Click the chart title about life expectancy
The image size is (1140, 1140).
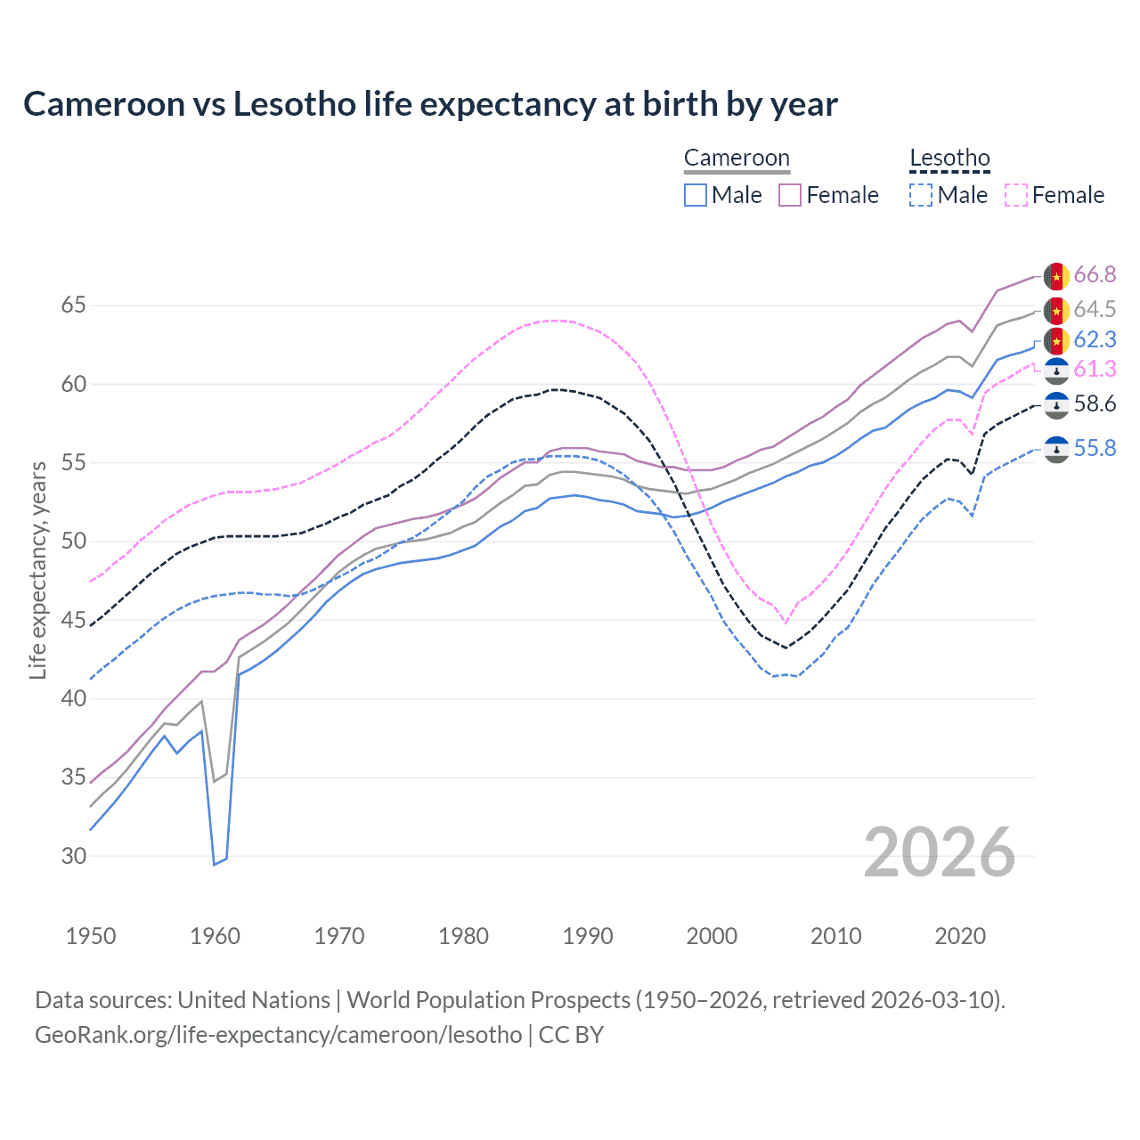[x=430, y=104]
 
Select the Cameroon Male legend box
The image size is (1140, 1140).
[x=696, y=195]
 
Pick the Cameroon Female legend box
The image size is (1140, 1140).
[x=790, y=195]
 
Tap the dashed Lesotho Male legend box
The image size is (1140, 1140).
[x=921, y=195]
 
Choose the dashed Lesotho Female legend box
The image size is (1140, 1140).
[x=1015, y=195]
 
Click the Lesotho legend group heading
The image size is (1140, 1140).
[x=949, y=159]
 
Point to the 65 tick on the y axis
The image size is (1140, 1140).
[x=73, y=305]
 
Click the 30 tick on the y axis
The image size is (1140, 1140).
[x=73, y=856]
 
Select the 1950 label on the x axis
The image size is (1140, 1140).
[x=91, y=936]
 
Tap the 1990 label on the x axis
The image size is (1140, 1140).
[x=588, y=936]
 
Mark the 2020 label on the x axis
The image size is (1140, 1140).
[x=960, y=936]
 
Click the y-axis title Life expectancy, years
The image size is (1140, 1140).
[x=38, y=570]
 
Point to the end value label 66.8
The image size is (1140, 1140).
[x=1095, y=275]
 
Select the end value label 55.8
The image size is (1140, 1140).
[x=1095, y=448]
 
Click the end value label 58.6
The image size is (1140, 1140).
[x=1095, y=404]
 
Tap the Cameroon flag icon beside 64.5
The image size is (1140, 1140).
[x=1056, y=311]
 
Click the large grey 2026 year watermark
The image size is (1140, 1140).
[x=940, y=852]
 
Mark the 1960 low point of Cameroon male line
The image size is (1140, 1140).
[x=214, y=864]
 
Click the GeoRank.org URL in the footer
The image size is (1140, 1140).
[x=278, y=1035]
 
